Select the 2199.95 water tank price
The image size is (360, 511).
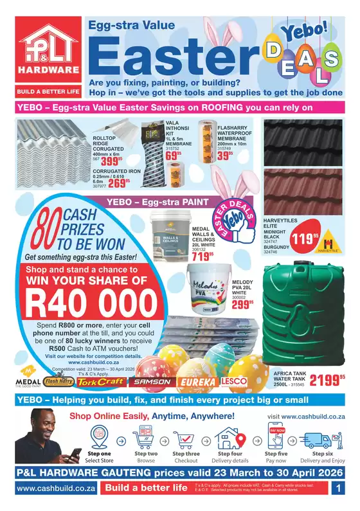327,380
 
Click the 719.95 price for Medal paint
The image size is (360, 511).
202,256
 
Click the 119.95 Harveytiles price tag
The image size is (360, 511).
287,240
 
